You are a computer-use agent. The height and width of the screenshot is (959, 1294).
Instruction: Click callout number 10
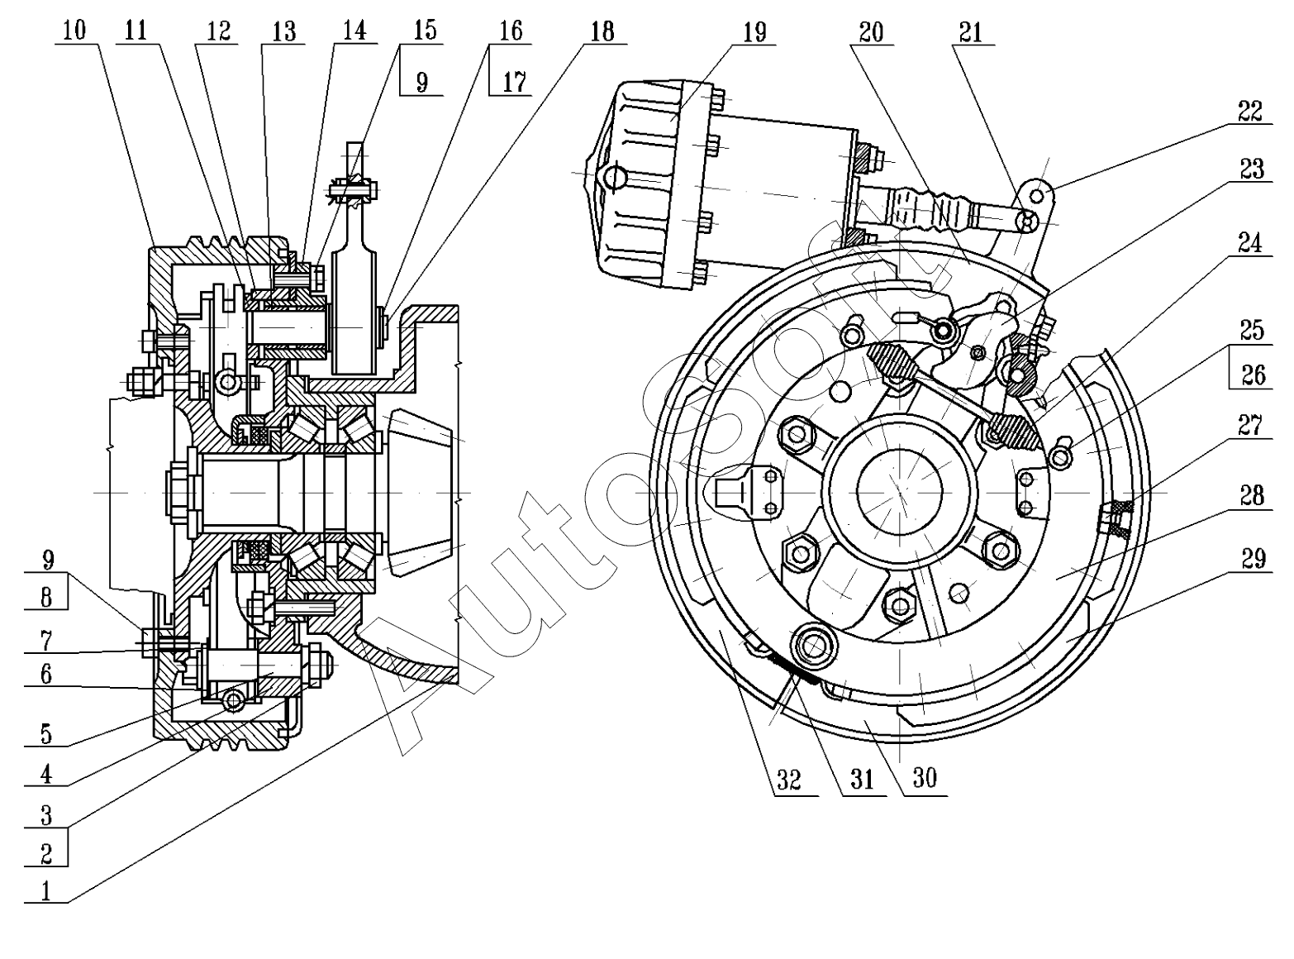point(74,31)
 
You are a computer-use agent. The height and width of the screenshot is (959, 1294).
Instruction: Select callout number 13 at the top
point(283,31)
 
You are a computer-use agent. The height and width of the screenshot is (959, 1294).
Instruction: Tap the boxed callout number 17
point(514,82)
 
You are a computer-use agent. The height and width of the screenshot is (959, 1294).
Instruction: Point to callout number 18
point(602,31)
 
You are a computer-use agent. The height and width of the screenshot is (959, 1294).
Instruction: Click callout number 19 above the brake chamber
point(754,31)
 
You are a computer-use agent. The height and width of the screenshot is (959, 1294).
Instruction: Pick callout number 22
point(1250,111)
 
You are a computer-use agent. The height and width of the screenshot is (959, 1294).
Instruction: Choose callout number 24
point(1250,243)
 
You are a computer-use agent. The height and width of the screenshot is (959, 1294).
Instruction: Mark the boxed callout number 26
point(1253,375)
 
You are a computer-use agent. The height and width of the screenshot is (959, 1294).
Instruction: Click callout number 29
point(1253,559)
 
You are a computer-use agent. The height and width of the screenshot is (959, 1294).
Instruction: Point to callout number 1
point(46,890)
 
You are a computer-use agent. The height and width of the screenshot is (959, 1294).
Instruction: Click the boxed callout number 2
point(46,853)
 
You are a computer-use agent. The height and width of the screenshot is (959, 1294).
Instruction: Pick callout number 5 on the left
point(46,732)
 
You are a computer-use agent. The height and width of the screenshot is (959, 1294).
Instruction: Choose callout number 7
point(46,639)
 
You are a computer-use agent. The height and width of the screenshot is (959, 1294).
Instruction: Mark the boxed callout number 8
point(46,597)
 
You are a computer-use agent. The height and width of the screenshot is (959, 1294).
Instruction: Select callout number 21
point(972,31)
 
